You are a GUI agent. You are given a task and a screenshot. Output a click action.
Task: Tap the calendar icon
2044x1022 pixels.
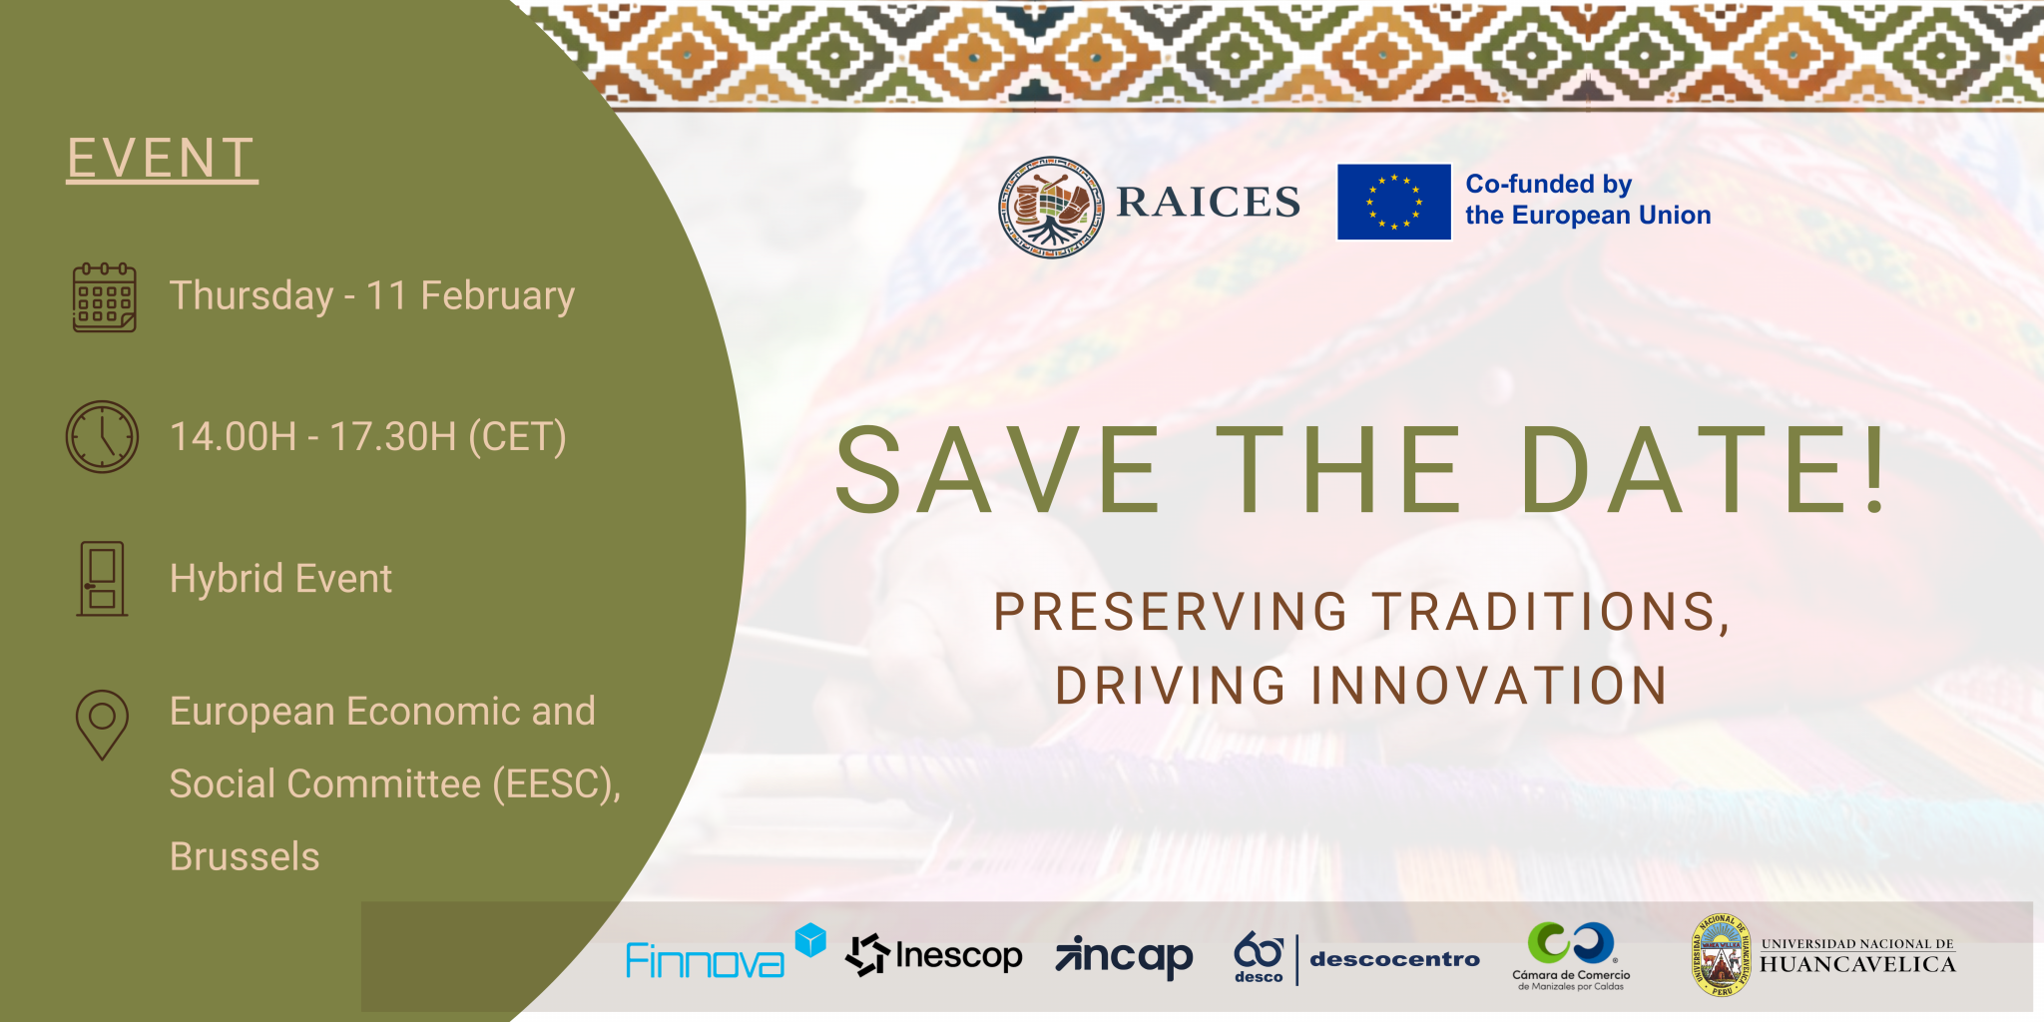point(104,297)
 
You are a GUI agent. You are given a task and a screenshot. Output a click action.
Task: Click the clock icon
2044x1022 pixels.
point(102,436)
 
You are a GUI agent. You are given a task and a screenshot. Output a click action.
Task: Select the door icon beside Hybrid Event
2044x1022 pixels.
point(102,579)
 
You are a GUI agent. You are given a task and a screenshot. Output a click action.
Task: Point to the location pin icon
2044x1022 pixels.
point(102,725)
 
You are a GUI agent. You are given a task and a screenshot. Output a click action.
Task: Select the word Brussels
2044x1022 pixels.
point(245,856)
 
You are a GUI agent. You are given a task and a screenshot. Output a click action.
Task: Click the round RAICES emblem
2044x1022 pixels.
point(1051,207)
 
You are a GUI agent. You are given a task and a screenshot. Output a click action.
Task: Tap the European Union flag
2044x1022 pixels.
point(1393,202)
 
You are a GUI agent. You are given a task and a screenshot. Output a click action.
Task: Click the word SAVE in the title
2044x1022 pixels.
point(998,470)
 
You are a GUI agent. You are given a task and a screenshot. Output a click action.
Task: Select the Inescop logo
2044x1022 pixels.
point(934,955)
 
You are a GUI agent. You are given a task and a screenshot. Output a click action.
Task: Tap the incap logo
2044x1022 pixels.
point(1124,957)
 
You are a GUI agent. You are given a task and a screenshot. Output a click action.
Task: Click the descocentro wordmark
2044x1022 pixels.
point(1394,959)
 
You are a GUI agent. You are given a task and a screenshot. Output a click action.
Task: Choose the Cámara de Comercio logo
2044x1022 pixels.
point(1571,956)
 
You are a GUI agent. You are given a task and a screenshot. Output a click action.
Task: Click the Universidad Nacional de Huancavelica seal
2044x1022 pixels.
point(1721,956)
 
